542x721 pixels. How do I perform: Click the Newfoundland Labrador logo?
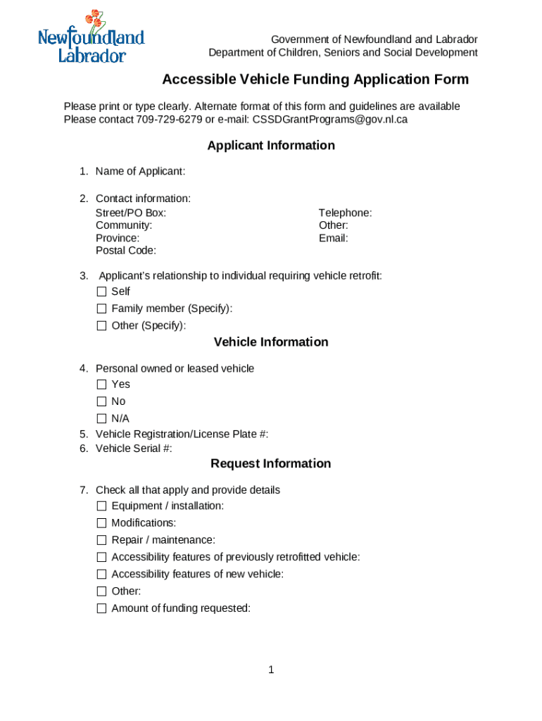click(x=91, y=38)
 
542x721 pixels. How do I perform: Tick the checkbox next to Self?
click(x=101, y=291)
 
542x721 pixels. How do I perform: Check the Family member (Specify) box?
click(x=101, y=308)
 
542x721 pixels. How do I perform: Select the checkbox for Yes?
click(x=101, y=384)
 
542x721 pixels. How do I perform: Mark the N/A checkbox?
click(x=101, y=418)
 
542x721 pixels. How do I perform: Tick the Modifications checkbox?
click(x=101, y=523)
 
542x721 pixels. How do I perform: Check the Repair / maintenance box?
click(x=101, y=540)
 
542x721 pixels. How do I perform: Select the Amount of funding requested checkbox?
click(x=101, y=608)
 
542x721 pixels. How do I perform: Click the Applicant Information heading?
click(x=271, y=146)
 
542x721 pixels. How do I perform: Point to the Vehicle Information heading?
click(x=271, y=342)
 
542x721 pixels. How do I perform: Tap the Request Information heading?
click(x=271, y=463)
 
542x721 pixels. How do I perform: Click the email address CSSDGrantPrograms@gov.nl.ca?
click(x=329, y=120)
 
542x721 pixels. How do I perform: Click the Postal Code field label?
click(x=126, y=251)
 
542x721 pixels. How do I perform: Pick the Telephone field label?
click(x=345, y=213)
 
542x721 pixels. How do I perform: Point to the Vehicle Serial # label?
click(x=134, y=449)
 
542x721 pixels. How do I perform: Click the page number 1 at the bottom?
click(x=271, y=670)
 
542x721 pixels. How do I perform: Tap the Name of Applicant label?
click(x=140, y=171)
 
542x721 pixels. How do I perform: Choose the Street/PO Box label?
click(x=131, y=213)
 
